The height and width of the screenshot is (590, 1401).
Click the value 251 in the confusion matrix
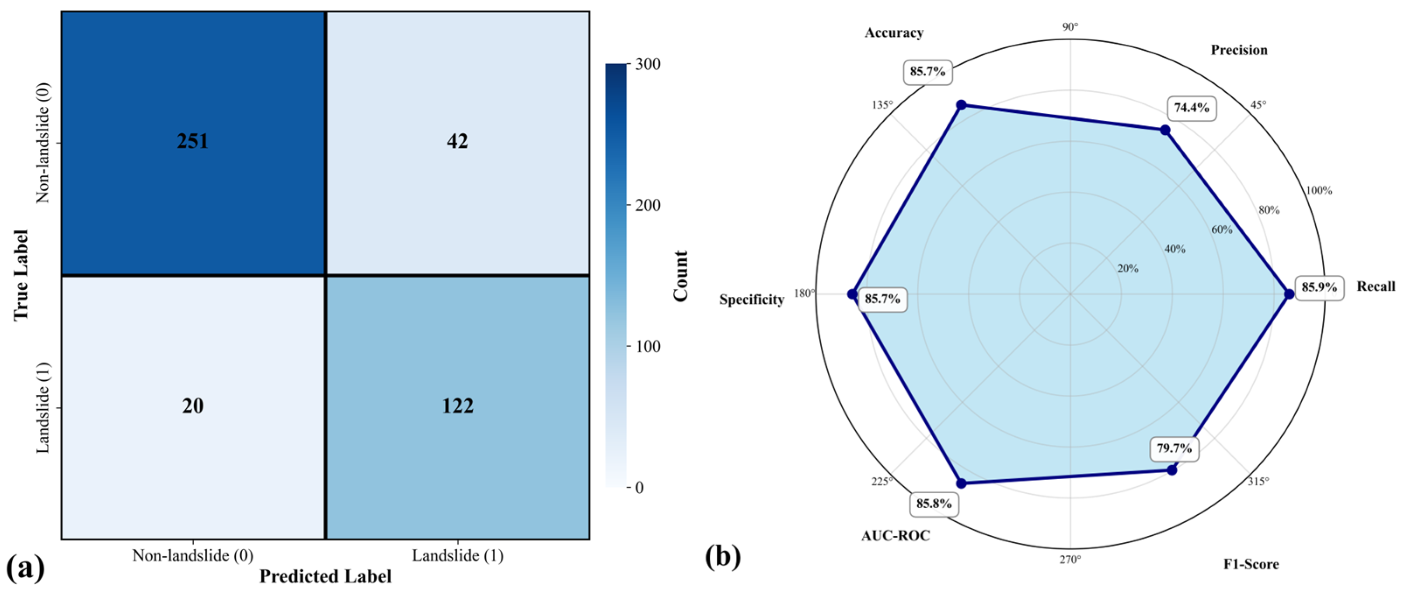pos(192,141)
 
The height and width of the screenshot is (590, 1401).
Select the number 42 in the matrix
pos(457,141)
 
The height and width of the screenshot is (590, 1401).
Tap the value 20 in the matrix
pos(192,406)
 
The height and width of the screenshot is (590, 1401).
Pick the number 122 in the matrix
pos(457,406)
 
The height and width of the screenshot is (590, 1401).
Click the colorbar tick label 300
pos(647,64)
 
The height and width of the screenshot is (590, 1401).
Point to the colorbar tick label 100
pos(647,346)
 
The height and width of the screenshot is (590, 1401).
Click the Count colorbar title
pos(680,276)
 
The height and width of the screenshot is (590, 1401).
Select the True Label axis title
pos(21,275)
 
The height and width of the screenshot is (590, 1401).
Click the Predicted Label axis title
pos(325,576)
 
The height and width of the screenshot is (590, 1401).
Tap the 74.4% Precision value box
pos(1191,108)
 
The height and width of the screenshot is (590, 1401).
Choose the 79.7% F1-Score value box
pos(1174,449)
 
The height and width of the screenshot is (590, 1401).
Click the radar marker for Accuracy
pos(961,105)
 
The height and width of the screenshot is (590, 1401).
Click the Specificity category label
pos(752,299)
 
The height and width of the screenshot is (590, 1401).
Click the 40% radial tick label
pos(1175,249)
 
